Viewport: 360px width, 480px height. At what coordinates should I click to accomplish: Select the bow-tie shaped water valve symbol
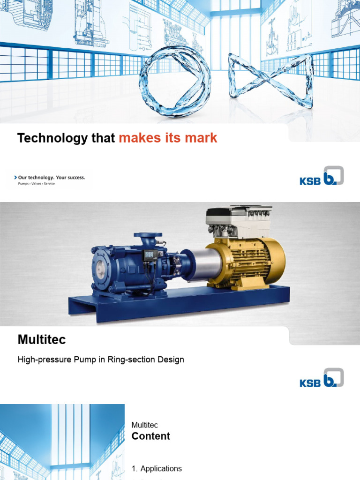(x=270, y=80)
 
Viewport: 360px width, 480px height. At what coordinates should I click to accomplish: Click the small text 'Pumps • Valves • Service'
(x=36, y=184)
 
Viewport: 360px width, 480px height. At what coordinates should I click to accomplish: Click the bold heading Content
(x=150, y=436)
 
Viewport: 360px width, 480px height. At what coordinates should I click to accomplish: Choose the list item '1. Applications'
(x=157, y=468)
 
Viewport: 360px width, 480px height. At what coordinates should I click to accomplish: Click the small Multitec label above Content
(x=145, y=425)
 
